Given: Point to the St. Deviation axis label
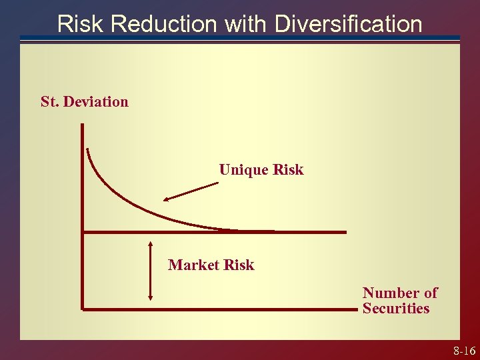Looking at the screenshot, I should [x=85, y=102].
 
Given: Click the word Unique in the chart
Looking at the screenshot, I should [x=244, y=170].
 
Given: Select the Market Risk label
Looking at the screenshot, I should [x=211, y=265].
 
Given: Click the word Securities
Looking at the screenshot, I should [x=396, y=309].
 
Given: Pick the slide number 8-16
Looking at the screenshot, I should [x=464, y=351].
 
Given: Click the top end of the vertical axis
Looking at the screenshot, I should [x=83, y=127].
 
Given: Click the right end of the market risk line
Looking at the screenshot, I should [x=345, y=232].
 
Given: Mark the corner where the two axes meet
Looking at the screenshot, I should [x=83, y=309].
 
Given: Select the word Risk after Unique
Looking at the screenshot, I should [x=288, y=170].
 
